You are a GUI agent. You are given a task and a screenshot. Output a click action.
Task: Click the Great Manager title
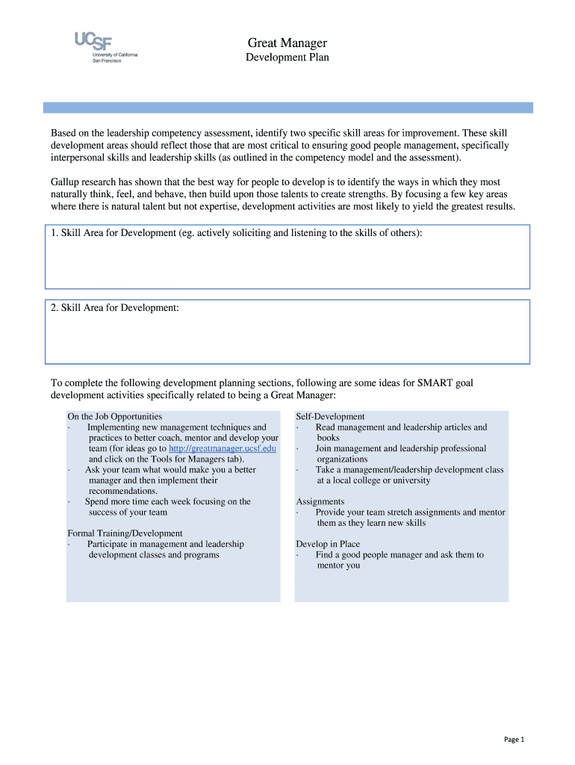click(287, 43)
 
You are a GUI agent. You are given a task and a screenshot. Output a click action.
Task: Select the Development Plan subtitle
click(287, 58)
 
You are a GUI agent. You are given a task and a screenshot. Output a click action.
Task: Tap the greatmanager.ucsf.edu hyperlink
click(223, 448)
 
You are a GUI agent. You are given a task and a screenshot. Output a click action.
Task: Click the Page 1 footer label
click(515, 740)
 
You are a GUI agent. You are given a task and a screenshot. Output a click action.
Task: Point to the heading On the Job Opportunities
click(115, 417)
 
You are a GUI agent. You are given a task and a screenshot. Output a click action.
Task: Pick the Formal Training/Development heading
click(125, 533)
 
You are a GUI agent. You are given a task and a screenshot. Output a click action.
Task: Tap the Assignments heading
click(320, 502)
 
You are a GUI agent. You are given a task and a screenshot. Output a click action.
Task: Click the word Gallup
click(66, 182)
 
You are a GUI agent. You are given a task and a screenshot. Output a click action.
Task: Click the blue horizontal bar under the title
click(287, 108)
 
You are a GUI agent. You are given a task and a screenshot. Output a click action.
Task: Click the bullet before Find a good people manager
click(298, 556)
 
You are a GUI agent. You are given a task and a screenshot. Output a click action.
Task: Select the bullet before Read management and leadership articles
click(298, 428)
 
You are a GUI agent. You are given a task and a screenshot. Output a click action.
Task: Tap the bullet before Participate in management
click(69, 545)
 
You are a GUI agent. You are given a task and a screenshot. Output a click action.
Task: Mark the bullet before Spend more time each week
click(69, 502)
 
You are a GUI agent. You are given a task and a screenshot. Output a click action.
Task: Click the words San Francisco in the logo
click(106, 61)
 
